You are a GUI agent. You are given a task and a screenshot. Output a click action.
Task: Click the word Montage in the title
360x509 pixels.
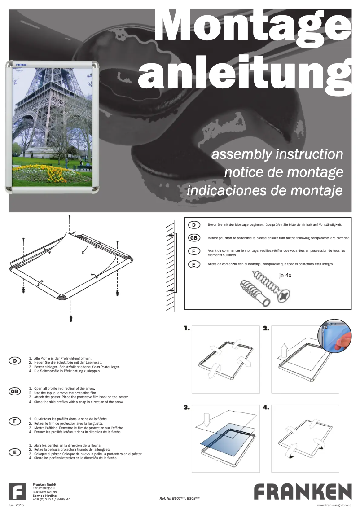coord(254,27)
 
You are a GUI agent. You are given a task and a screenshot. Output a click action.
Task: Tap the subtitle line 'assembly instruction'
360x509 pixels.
coord(277,154)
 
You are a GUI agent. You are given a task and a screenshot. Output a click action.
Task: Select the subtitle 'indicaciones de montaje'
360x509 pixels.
coord(265,190)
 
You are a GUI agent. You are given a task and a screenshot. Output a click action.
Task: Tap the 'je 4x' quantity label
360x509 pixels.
coord(285,275)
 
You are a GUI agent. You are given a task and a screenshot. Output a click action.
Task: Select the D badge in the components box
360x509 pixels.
coord(194,225)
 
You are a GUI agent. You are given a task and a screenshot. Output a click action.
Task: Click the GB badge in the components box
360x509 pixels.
coord(194,238)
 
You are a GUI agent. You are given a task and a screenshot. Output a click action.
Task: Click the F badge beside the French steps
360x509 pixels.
coord(15,421)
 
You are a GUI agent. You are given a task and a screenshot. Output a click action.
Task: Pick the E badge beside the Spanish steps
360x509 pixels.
coord(15,452)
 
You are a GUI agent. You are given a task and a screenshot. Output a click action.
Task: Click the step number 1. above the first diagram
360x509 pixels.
coord(187,329)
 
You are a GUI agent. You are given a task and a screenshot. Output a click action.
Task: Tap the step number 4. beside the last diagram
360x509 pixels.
coord(266,408)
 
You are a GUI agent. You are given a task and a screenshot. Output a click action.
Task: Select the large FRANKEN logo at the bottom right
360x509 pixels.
coord(303,491)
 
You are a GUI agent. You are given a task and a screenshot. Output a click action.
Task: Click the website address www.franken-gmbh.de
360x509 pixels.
coord(334,505)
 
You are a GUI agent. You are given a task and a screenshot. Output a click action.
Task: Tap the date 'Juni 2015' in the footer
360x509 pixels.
coord(17,505)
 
